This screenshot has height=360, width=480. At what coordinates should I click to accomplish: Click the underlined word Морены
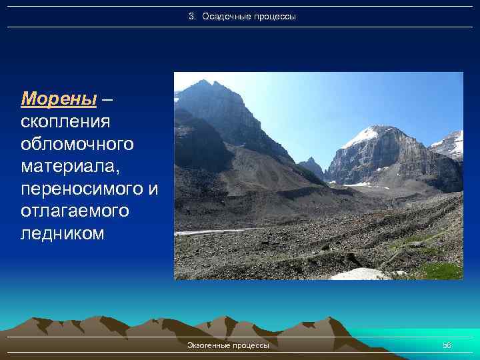coord(59,99)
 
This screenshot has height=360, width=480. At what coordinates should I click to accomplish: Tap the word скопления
coord(65,122)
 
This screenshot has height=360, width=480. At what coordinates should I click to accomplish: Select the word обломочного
coord(77,144)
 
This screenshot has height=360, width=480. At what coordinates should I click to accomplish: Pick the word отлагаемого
coord(74,211)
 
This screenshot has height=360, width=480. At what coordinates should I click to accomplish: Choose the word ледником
coord(63,233)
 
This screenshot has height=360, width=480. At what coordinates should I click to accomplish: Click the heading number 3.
coord(191,16)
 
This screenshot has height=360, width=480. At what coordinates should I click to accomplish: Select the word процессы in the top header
coord(274,16)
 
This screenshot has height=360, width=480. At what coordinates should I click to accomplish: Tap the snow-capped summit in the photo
coord(371,133)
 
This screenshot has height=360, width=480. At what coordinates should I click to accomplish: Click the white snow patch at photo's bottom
coord(360,274)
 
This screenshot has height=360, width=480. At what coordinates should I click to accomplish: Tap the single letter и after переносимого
coord(153,189)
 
